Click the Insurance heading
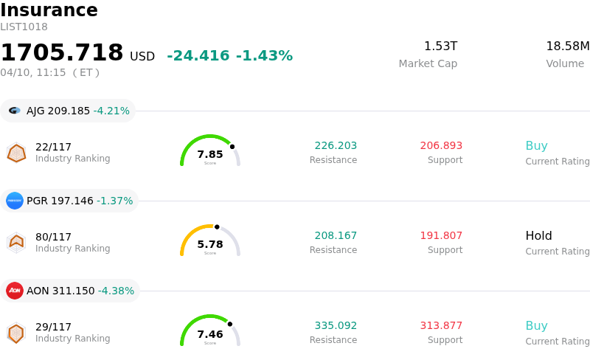point(49,11)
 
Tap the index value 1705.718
point(62,53)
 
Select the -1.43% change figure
point(264,56)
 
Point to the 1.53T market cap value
point(440,46)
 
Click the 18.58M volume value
point(567,46)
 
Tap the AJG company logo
point(15,111)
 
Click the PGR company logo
point(15,201)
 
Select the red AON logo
point(15,291)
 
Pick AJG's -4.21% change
point(111,111)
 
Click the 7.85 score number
point(210,154)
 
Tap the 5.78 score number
point(210,244)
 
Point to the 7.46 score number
point(210,334)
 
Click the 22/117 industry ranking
point(53,147)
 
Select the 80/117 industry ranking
point(53,237)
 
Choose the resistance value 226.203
point(336,146)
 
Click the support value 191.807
point(441,236)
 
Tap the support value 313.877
point(441,326)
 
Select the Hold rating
point(538,236)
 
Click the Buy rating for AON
point(536,326)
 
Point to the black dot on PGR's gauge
point(217,226)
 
